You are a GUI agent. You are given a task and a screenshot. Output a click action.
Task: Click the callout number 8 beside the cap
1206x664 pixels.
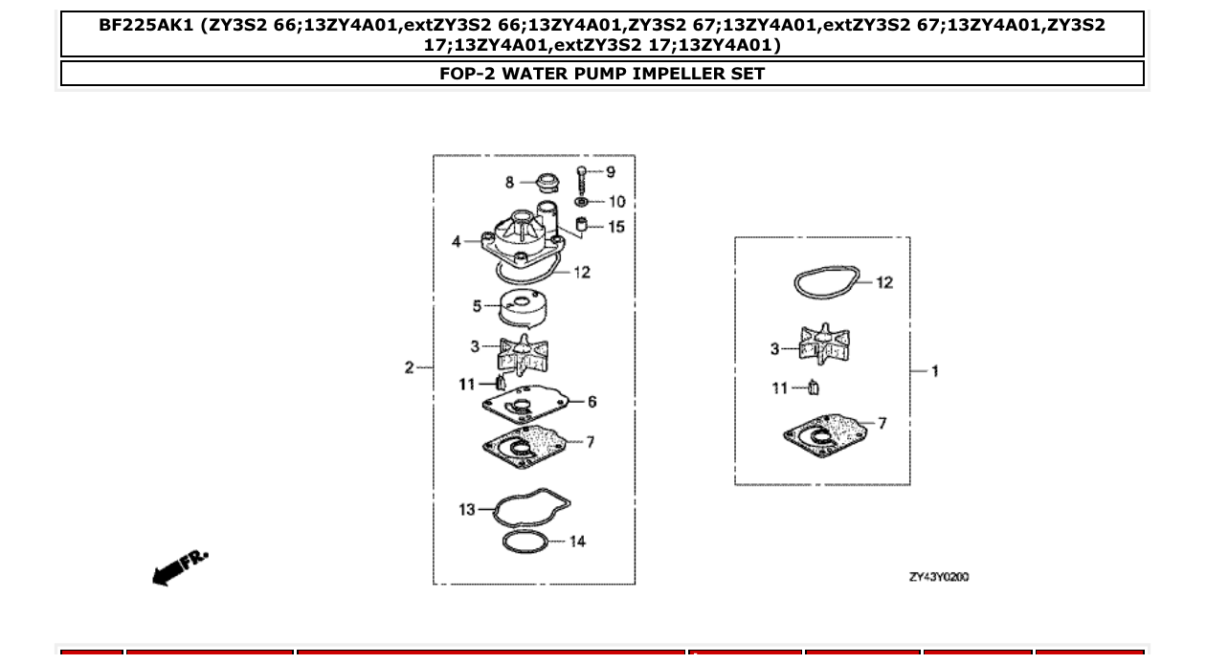tap(510, 182)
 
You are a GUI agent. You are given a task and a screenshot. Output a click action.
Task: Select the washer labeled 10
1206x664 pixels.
tap(581, 202)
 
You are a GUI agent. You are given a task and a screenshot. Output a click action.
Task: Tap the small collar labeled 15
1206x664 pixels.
tap(580, 226)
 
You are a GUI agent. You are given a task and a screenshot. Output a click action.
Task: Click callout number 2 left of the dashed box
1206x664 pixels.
tap(409, 367)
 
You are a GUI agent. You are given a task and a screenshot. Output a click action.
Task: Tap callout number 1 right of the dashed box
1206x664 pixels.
tap(935, 370)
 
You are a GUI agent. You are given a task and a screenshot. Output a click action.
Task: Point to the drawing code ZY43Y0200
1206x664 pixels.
tap(938, 577)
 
